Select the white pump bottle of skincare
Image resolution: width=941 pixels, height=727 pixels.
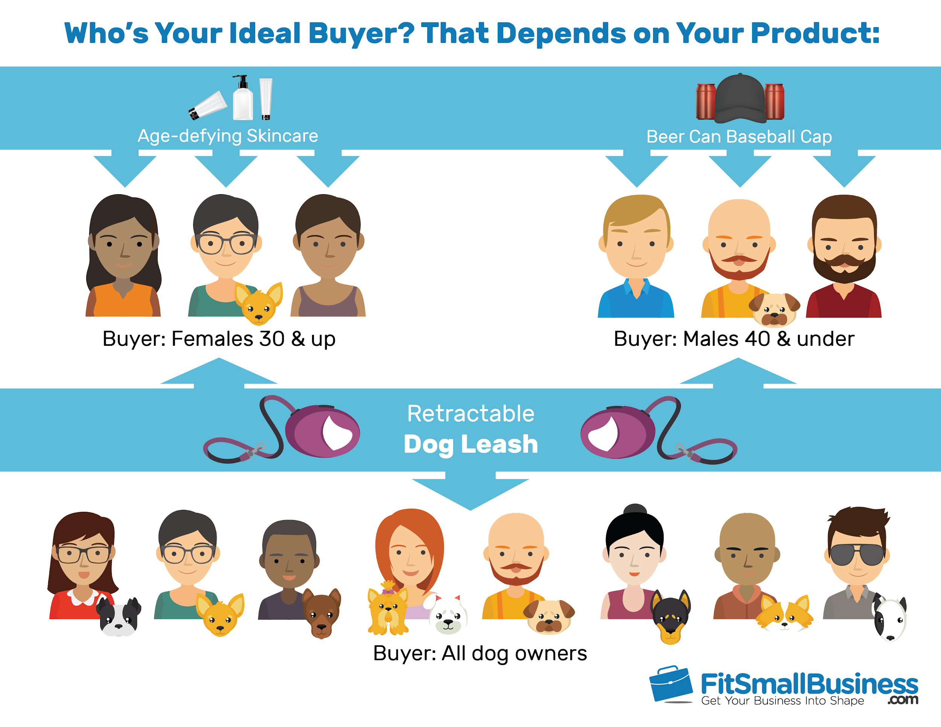[x=242, y=98]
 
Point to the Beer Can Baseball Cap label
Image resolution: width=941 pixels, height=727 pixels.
[x=739, y=137]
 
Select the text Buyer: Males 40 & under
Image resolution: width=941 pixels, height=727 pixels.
[x=734, y=339]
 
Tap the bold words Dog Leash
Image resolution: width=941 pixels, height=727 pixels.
[x=471, y=444]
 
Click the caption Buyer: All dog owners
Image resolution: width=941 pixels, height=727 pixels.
[x=480, y=653]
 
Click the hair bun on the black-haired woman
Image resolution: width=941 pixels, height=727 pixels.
[x=635, y=510]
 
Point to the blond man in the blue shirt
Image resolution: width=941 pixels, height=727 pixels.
[x=636, y=256]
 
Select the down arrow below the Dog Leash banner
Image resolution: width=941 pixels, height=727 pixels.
[x=470, y=491]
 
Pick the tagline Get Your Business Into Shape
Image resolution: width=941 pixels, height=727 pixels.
[x=783, y=701]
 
